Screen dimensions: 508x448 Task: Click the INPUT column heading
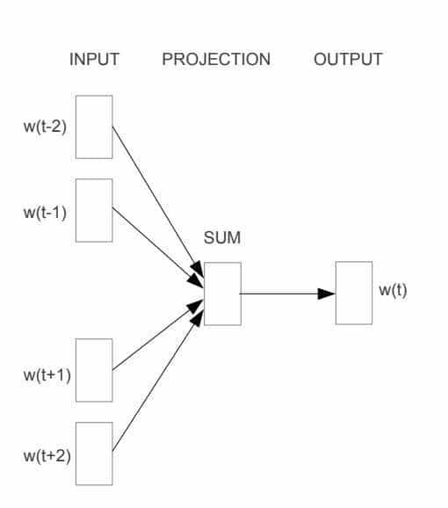click(94, 60)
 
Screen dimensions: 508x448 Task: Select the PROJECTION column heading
click(216, 60)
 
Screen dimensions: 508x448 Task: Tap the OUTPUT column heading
click(348, 60)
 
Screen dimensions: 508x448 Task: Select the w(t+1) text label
click(47, 374)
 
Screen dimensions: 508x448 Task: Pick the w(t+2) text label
click(47, 455)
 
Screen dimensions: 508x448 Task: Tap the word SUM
click(221, 237)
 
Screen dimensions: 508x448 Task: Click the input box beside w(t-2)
click(94, 127)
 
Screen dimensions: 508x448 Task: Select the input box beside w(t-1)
click(94, 210)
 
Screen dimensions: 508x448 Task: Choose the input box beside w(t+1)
click(94, 370)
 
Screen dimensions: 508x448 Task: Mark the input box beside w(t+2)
click(94, 454)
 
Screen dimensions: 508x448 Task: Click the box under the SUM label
click(222, 294)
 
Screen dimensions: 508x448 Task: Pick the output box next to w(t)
click(353, 293)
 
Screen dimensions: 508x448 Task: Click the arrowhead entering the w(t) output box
click(327, 294)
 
